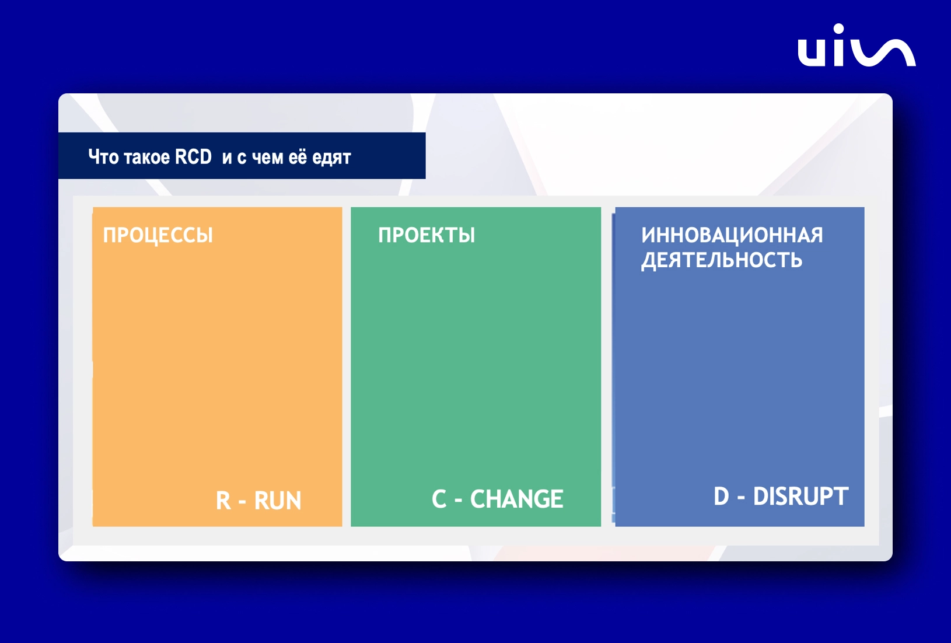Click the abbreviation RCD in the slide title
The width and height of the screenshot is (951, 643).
[193, 157]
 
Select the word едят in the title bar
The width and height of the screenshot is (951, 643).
[331, 158]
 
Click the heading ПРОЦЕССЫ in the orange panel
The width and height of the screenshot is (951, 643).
[158, 236]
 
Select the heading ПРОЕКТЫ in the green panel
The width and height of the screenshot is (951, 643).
[426, 235]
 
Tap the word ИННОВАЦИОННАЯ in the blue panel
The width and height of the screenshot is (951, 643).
[732, 235]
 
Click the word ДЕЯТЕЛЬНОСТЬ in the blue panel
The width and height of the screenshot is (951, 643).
[722, 260]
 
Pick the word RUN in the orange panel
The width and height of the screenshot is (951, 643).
[278, 500]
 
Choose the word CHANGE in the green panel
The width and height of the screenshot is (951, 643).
[517, 499]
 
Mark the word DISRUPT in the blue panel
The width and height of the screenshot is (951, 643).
[800, 496]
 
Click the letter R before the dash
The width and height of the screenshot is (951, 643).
[223, 500]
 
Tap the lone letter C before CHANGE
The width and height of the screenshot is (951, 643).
[439, 499]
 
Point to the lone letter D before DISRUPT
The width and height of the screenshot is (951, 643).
[721, 496]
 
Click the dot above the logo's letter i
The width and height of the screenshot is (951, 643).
[838, 29]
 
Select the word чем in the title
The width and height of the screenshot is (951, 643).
[267, 158]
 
